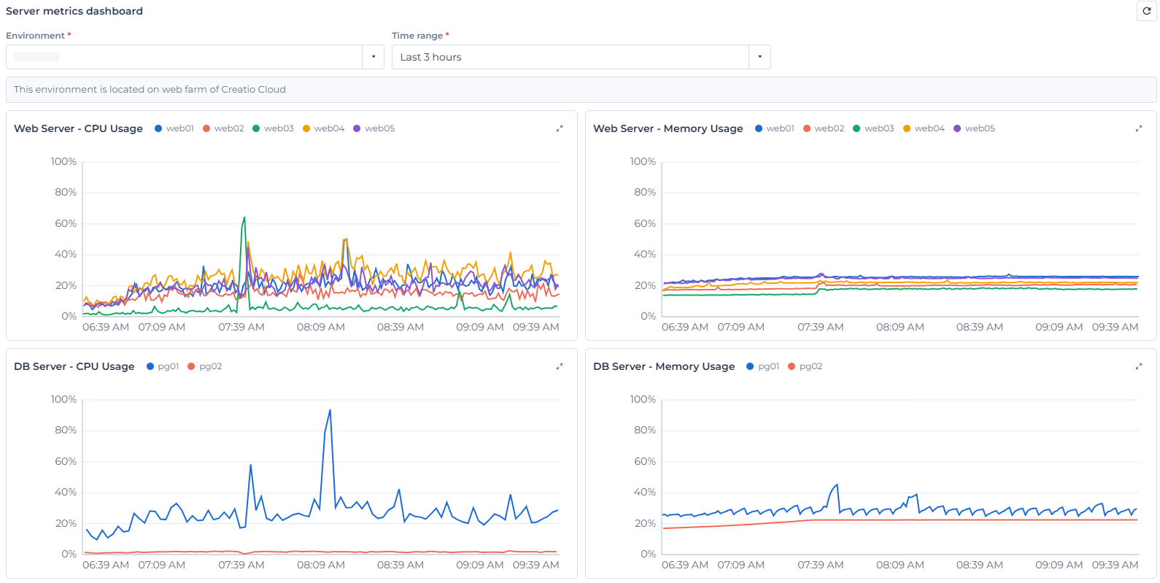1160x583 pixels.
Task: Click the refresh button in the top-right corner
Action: (1147, 11)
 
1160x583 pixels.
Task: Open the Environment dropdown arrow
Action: (374, 57)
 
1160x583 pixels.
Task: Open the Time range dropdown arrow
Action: (759, 57)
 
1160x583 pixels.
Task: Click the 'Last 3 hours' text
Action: (430, 57)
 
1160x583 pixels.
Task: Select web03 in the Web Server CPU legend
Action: (274, 128)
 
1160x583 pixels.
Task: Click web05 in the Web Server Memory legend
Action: (974, 128)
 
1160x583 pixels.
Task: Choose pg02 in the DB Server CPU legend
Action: (205, 366)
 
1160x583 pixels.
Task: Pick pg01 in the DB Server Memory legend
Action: (763, 366)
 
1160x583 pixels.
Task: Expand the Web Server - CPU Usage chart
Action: (560, 128)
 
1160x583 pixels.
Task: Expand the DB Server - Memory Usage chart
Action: (1139, 366)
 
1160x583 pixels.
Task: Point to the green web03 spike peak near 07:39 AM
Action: (244, 217)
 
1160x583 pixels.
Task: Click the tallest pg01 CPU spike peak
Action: (330, 410)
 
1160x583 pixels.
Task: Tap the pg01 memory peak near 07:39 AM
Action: (837, 484)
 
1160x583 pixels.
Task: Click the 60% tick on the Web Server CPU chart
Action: (66, 223)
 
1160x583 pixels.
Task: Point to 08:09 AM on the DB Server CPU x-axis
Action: (320, 564)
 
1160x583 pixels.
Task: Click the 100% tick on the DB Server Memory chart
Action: (643, 399)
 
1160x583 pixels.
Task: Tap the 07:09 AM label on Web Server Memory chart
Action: (741, 327)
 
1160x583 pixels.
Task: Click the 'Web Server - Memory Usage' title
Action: (668, 128)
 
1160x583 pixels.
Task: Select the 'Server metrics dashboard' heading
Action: (74, 11)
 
